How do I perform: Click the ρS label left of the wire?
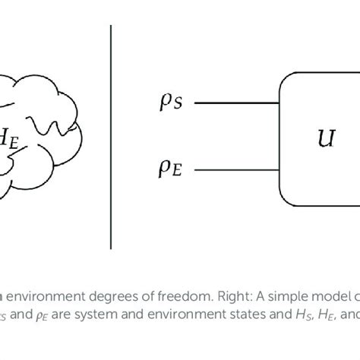[169, 103]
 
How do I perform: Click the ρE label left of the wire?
[170, 169]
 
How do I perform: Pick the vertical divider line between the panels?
[111, 137]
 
